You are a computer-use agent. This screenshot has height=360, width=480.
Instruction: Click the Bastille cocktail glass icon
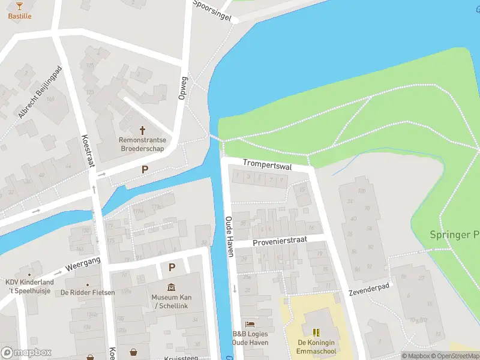click(x=19, y=5)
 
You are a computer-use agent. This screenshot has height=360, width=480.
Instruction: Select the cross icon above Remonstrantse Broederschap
click(x=142, y=130)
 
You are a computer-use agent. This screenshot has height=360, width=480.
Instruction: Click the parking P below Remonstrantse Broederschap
click(x=144, y=170)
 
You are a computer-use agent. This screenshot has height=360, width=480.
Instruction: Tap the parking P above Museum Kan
click(x=172, y=268)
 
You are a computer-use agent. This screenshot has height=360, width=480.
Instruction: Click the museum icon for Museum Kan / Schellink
click(x=172, y=287)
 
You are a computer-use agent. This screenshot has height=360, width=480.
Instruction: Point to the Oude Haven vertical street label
click(x=229, y=236)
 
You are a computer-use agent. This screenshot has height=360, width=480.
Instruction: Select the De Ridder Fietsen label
click(x=87, y=293)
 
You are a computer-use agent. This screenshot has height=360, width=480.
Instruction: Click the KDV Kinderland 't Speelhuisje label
click(x=29, y=286)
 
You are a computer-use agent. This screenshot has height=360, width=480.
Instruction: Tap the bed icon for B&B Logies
click(x=250, y=324)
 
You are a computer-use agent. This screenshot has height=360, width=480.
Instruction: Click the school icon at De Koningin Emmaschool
click(x=316, y=332)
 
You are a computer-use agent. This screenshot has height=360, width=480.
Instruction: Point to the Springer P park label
click(x=454, y=235)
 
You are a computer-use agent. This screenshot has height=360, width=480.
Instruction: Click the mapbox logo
click(x=26, y=352)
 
